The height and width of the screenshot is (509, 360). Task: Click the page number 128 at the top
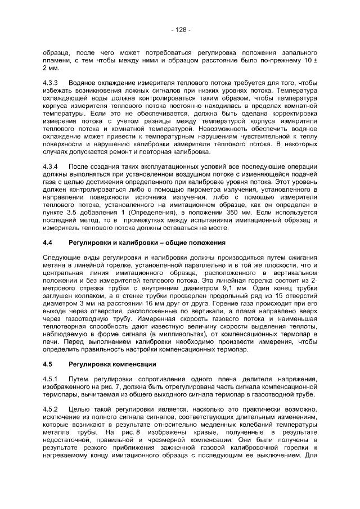coord(180,29)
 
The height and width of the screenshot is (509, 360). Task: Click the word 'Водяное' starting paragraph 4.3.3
coord(83,83)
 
